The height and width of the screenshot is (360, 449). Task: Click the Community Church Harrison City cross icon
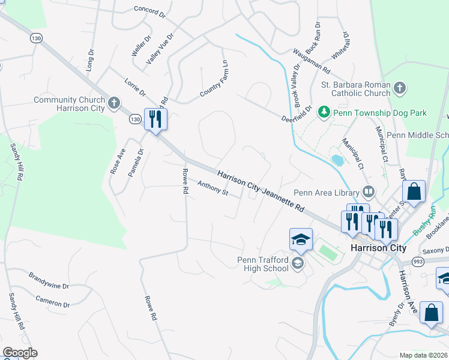click(x=113, y=104)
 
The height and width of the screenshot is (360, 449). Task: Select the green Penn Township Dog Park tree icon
click(x=324, y=112)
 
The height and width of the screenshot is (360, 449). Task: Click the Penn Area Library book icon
click(x=369, y=193)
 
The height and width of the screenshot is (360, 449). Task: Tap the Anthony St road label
click(x=213, y=190)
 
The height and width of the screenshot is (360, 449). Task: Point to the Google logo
click(x=20, y=353)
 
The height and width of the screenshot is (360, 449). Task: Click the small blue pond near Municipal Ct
click(x=337, y=160)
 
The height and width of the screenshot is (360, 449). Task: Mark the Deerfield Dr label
click(x=297, y=114)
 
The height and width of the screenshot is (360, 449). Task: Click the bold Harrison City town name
click(x=378, y=248)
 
